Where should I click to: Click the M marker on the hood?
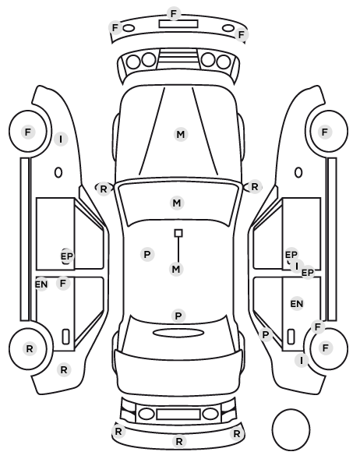click(181, 135)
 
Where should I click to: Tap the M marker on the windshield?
click(177, 203)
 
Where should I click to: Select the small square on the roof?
click(178, 233)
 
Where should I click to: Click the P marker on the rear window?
click(178, 316)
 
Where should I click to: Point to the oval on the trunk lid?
click(178, 334)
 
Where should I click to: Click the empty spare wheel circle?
click(291, 429)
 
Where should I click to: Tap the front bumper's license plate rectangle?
click(178, 24)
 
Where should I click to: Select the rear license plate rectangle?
click(178, 415)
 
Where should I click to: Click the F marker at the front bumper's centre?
click(174, 14)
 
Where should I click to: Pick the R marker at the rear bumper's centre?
click(179, 442)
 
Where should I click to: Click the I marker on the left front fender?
click(61, 139)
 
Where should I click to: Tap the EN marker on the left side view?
click(41, 284)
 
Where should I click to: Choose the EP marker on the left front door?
click(66, 256)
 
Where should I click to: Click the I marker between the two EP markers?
click(297, 267)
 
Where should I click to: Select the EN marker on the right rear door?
click(297, 304)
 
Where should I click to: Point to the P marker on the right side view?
click(266, 335)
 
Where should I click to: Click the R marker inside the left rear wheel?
click(30, 349)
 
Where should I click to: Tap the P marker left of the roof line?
click(147, 255)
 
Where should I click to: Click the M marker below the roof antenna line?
click(176, 270)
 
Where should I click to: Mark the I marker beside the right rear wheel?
click(302, 361)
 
